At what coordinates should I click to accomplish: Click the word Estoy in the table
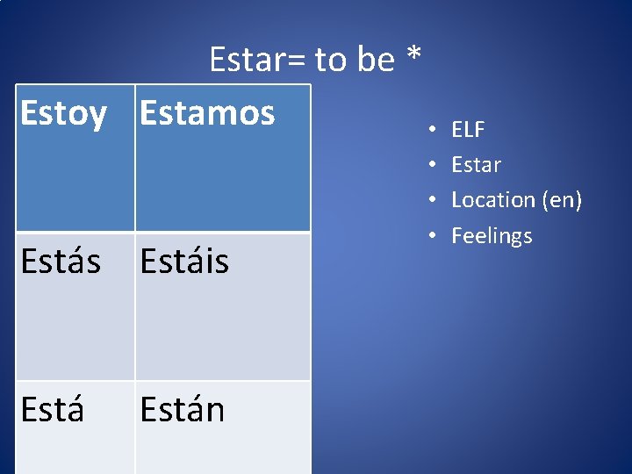[63, 114]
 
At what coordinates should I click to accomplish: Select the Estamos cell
[207, 113]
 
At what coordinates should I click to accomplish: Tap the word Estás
[61, 262]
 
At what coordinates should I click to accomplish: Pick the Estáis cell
[184, 262]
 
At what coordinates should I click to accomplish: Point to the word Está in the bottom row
[53, 410]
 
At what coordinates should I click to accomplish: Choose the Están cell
[183, 410]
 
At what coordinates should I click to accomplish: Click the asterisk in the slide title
[413, 58]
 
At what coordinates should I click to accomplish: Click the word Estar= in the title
[258, 60]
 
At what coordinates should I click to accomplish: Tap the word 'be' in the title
[376, 60]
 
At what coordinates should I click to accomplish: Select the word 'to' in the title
[332, 61]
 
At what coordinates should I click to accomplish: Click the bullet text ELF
[468, 130]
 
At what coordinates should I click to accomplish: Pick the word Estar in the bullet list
[476, 165]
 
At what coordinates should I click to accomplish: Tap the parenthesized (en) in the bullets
[562, 200]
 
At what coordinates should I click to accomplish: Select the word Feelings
[492, 236]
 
